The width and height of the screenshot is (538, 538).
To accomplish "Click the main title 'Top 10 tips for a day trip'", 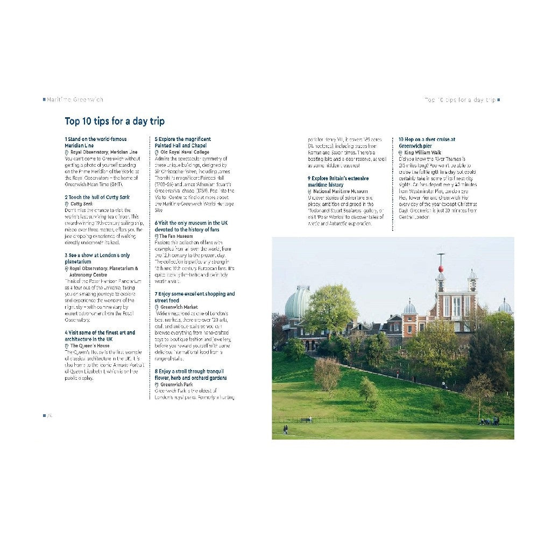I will click(x=115, y=121).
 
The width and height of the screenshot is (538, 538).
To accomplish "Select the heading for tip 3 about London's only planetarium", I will click(x=97, y=258).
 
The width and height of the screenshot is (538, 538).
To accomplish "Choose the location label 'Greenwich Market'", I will click(x=179, y=307).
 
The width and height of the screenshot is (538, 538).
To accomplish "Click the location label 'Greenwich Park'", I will click(x=178, y=385).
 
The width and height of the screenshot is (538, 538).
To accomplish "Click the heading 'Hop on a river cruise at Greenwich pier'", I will click(x=427, y=142).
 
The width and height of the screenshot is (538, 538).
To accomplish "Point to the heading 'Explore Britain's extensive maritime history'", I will click(x=338, y=181).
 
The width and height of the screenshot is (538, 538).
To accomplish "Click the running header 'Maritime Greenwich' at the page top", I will click(x=75, y=100).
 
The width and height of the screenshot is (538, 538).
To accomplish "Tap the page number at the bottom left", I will click(x=48, y=415).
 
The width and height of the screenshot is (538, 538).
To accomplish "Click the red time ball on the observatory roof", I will click(x=441, y=268).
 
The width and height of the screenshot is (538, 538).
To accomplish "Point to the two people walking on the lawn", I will click(x=285, y=429).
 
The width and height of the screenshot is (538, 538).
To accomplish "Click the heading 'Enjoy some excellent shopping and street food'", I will click(x=194, y=297).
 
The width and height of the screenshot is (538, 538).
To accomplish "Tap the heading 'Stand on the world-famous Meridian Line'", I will click(x=95, y=142).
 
